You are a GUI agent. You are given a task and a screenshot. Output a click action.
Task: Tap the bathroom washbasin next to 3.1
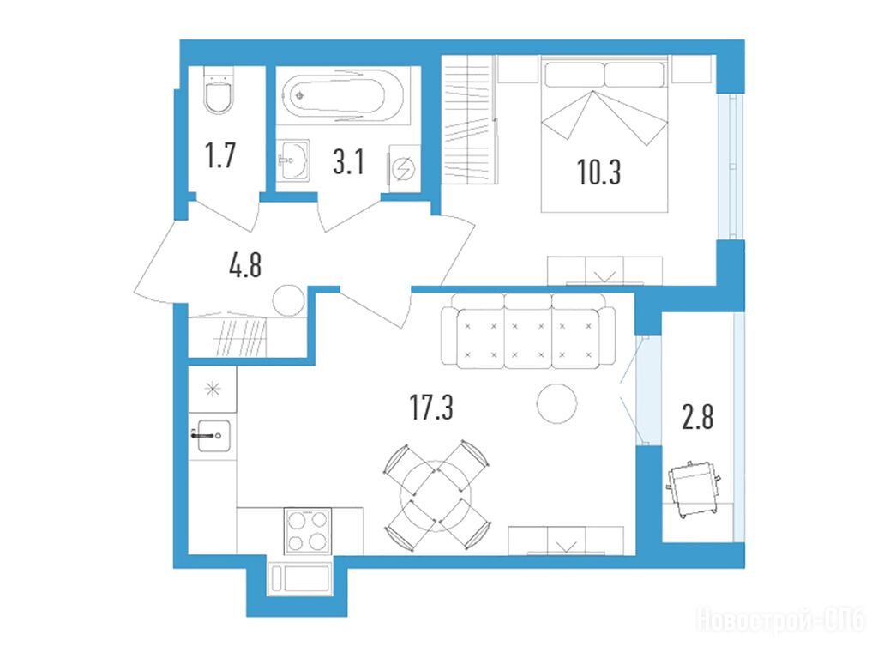293,160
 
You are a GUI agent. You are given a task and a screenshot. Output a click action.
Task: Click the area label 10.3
598,172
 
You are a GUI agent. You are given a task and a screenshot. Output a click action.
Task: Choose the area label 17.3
431,407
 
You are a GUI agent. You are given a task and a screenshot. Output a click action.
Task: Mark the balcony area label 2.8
698,417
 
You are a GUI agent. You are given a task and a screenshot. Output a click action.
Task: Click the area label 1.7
220,155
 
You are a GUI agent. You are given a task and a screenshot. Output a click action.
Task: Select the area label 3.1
349,162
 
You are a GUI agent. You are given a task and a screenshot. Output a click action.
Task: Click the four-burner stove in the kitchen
308,530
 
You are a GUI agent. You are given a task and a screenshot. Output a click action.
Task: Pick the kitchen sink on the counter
211,435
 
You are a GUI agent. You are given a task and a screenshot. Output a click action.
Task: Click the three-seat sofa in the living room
528,330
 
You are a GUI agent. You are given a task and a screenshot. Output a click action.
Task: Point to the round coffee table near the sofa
556,403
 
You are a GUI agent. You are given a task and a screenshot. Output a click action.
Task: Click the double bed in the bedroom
604,133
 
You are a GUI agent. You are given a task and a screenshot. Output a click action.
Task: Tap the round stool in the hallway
289,301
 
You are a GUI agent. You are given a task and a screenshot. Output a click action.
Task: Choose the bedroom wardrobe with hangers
469,118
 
